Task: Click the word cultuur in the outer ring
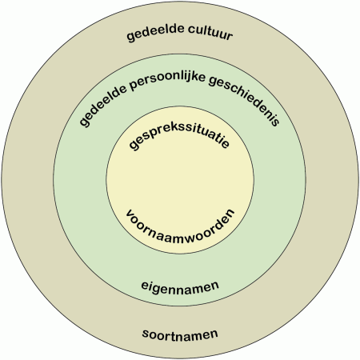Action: [x=210, y=32]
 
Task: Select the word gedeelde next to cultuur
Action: [x=155, y=33]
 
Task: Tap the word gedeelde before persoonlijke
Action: [x=102, y=105]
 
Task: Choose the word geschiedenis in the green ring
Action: [x=245, y=99]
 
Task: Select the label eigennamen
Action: [x=180, y=288]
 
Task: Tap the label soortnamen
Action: [x=180, y=335]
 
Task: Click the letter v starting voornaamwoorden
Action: [x=130, y=214]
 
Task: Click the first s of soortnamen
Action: [x=146, y=334]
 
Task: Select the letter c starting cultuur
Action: [x=191, y=30]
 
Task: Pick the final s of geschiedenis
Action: [x=275, y=122]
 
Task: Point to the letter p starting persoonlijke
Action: [x=134, y=86]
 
